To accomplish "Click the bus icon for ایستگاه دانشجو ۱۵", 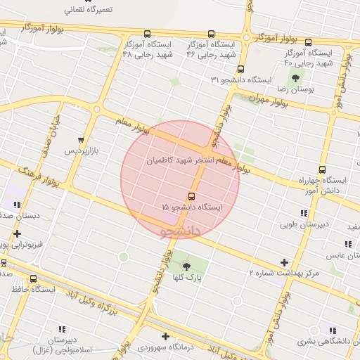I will point(191,195).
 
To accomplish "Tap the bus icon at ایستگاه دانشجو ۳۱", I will point(240,70).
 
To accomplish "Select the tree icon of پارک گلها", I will point(186,266).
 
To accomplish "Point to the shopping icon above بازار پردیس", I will point(83,139).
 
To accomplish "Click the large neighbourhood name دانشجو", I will point(181,230).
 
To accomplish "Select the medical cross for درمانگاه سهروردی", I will point(165,336).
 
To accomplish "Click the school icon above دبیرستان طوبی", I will point(303,213).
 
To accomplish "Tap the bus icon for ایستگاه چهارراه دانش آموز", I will point(322,169).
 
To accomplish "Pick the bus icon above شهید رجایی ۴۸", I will point(146,34).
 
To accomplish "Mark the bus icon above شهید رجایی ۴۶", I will point(212,33).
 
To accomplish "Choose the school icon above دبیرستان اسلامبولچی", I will point(60,328).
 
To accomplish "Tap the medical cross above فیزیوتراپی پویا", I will point(17,233).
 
